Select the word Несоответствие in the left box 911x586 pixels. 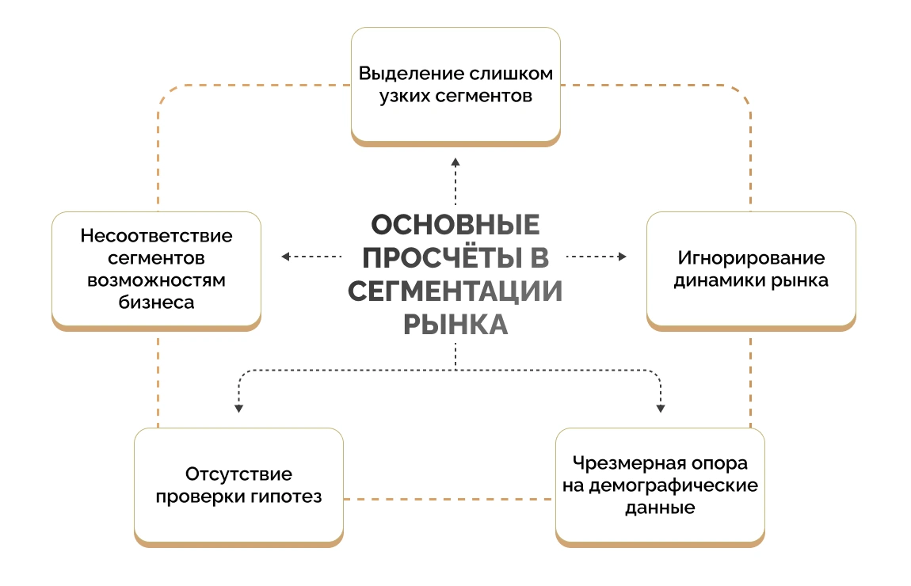[x=156, y=236]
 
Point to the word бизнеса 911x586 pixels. [x=156, y=302]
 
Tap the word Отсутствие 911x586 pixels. [x=238, y=474]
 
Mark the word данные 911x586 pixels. [x=660, y=508]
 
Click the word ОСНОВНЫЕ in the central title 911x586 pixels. [x=455, y=225]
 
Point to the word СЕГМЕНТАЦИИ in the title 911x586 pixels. [x=455, y=291]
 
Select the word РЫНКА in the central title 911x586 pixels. [x=455, y=324]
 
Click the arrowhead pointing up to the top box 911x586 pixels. [x=455, y=162]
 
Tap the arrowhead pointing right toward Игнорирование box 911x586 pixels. [x=623, y=257]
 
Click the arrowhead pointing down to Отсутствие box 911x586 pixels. [x=238, y=408]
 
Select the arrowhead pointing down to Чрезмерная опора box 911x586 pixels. [x=661, y=408]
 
